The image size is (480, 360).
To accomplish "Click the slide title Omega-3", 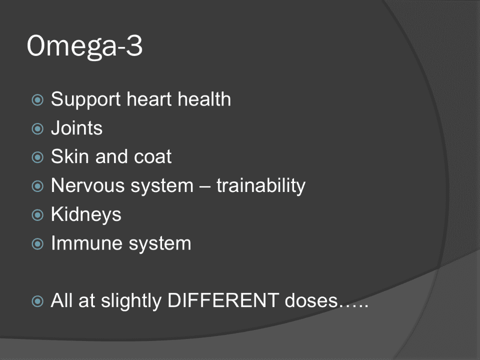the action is click(x=85, y=46).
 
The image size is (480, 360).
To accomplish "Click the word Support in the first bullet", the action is click(x=85, y=100).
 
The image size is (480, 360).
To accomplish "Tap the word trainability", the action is click(x=261, y=186).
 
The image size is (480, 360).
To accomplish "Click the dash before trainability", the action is click(x=204, y=186).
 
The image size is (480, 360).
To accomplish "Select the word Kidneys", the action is click(x=86, y=214).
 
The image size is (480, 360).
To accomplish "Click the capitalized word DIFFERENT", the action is click(x=223, y=300).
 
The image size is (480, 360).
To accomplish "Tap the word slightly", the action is click(x=131, y=301).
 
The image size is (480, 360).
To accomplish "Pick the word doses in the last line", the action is click(x=311, y=300).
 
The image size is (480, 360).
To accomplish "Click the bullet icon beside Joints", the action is click(x=37, y=129).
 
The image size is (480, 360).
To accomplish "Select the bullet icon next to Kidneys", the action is click(x=37, y=215).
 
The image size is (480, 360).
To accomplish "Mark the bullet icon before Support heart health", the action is click(x=37, y=100).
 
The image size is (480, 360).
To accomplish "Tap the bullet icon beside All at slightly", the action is click(x=37, y=301).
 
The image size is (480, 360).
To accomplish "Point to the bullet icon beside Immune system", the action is click(x=37, y=244).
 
